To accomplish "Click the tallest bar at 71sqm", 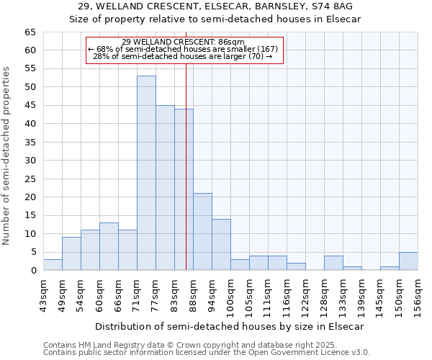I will [146, 173].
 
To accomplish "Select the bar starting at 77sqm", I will [165, 187].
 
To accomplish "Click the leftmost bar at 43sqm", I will [53, 265].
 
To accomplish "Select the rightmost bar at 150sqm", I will [408, 261].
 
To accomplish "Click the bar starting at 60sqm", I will [109, 246].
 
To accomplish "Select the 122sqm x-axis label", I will [305, 295].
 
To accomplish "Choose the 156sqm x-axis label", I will [418, 295].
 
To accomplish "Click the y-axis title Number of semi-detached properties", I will [7, 156].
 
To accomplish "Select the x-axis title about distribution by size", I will [230, 326].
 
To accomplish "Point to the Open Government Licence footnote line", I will [207, 352].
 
